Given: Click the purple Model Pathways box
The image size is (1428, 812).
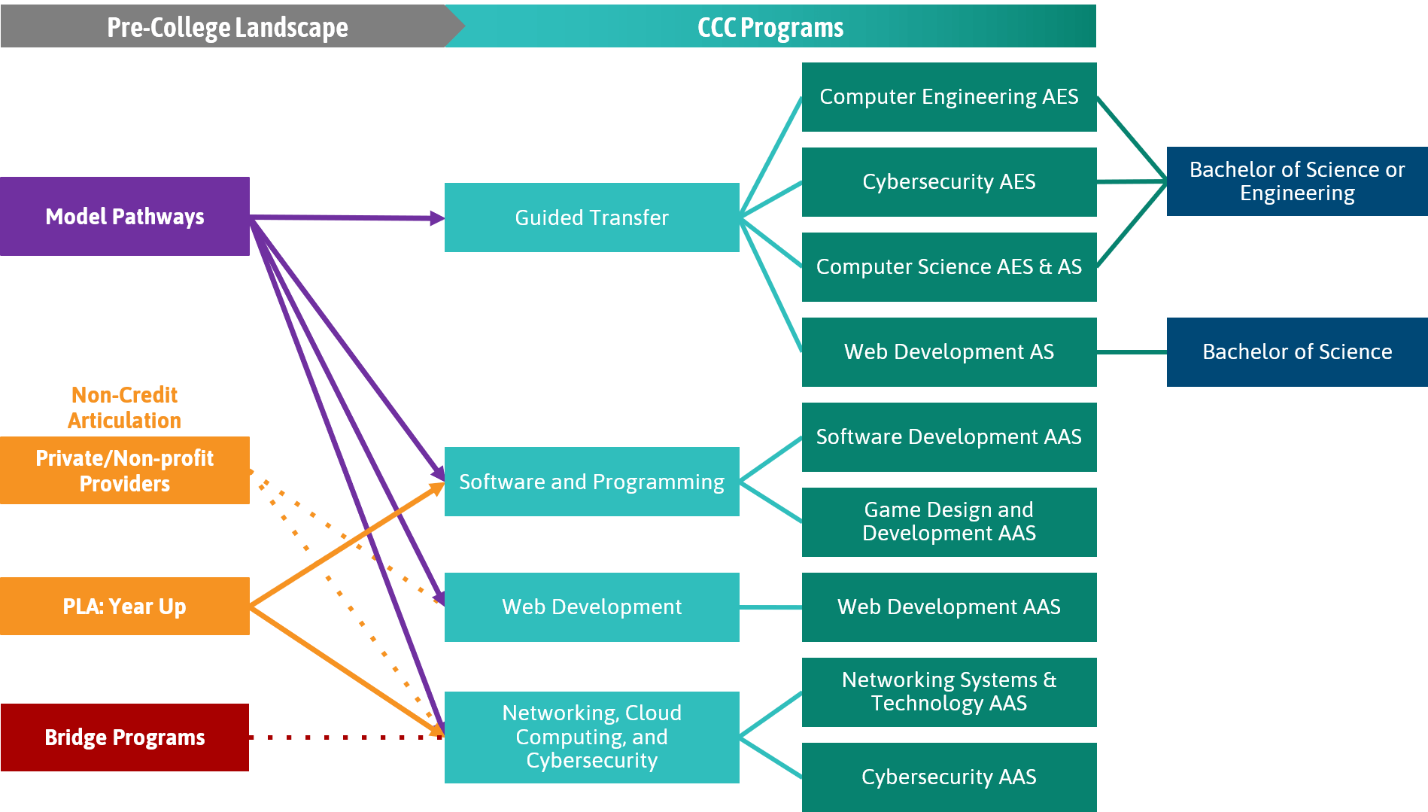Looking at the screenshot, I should click(x=124, y=217).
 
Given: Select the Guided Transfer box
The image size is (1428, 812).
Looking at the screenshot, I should click(x=591, y=217).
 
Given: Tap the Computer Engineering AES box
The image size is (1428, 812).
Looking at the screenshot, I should click(x=949, y=97).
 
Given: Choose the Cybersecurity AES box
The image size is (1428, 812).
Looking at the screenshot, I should click(x=949, y=182).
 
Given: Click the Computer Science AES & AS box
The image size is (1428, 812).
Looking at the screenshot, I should click(x=949, y=267).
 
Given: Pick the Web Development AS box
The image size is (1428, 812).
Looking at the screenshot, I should click(x=949, y=352).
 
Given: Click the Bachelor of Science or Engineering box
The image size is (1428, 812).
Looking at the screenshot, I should click(x=1296, y=181).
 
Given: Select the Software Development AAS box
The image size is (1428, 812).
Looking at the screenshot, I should click(x=949, y=437).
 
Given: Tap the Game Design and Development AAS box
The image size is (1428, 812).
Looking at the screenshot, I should click(x=949, y=522).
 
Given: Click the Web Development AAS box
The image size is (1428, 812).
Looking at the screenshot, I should click(x=949, y=607).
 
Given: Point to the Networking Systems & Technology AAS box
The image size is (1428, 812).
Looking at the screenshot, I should click(x=949, y=692).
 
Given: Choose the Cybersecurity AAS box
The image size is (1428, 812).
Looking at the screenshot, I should click(x=949, y=777).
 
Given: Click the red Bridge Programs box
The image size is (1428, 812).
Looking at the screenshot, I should click(x=124, y=737).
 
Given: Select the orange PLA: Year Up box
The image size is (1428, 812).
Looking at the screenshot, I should click(x=124, y=607).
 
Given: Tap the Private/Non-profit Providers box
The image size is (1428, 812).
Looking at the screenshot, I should click(x=124, y=471).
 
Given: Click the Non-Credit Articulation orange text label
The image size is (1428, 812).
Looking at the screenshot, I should click(x=124, y=408).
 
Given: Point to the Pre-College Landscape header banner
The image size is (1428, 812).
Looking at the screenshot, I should click(x=226, y=27).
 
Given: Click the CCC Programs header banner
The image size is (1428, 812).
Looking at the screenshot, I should click(x=770, y=27).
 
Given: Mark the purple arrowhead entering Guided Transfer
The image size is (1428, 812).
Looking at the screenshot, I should click(x=437, y=218).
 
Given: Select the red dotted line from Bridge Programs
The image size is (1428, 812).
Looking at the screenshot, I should click(x=346, y=737).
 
